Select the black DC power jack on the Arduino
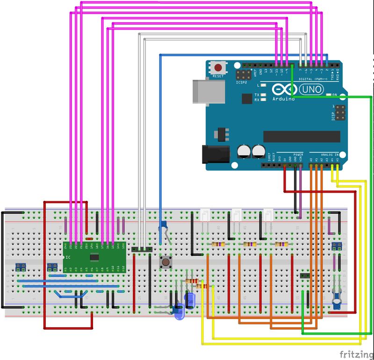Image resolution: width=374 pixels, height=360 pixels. [215, 155]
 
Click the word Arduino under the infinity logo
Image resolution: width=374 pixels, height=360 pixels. [284, 99]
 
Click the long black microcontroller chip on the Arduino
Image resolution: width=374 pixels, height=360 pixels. [302, 136]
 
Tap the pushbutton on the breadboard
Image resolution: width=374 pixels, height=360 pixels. [165, 261]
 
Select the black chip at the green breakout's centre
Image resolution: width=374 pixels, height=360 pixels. [94, 256]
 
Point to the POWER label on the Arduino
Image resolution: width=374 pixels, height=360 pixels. [298, 155]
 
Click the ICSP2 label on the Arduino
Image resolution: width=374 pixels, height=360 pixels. [242, 83]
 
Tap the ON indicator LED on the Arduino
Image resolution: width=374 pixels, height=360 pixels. [329, 95]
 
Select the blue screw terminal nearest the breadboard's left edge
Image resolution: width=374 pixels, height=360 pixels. [20, 267]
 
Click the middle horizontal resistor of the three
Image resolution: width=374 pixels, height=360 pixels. [250, 244]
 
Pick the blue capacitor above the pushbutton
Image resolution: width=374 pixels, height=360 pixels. [163, 226]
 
